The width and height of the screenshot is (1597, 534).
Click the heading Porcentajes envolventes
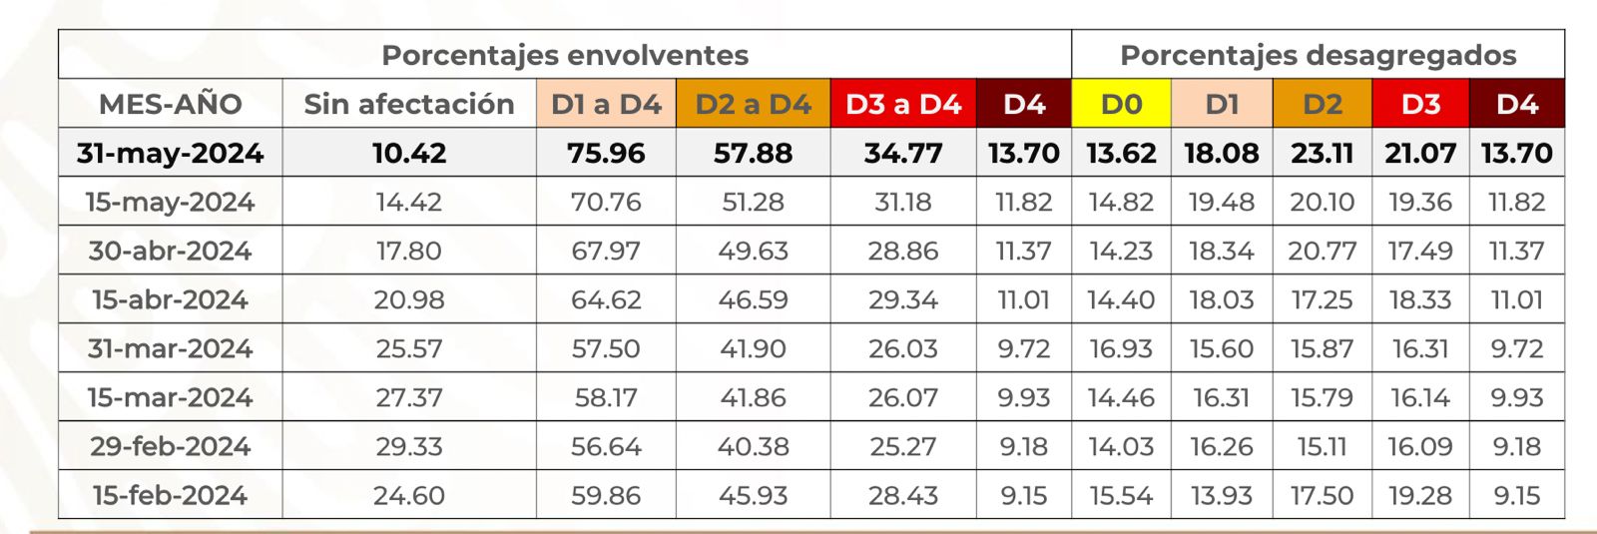click(x=565, y=55)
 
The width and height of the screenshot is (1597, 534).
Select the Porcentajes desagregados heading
click(x=1318, y=55)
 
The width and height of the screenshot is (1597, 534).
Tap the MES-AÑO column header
click(x=171, y=104)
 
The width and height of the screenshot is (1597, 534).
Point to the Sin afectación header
click(x=409, y=104)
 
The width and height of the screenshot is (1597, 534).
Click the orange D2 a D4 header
click(x=754, y=104)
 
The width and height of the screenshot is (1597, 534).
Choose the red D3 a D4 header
click(x=903, y=104)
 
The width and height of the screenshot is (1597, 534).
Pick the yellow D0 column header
click(x=1121, y=104)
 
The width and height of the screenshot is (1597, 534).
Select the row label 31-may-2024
click(x=171, y=153)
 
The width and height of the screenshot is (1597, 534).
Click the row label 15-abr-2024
click(x=171, y=299)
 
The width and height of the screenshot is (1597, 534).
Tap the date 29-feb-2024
click(x=171, y=446)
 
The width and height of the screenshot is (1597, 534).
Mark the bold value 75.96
click(x=606, y=153)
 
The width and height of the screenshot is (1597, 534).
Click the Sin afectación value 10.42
click(x=409, y=153)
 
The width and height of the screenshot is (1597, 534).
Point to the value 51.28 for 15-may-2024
click(x=754, y=202)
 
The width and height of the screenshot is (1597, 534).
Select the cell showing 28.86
click(x=903, y=251)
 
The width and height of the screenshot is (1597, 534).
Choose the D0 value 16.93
click(x=1121, y=348)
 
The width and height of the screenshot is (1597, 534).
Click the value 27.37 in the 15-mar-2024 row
click(x=409, y=397)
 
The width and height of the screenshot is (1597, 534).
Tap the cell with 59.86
click(x=606, y=495)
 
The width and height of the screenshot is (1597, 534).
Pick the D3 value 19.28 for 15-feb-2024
click(x=1420, y=495)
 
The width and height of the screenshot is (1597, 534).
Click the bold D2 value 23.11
click(x=1322, y=153)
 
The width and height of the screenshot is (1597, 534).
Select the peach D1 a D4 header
click(x=606, y=104)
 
